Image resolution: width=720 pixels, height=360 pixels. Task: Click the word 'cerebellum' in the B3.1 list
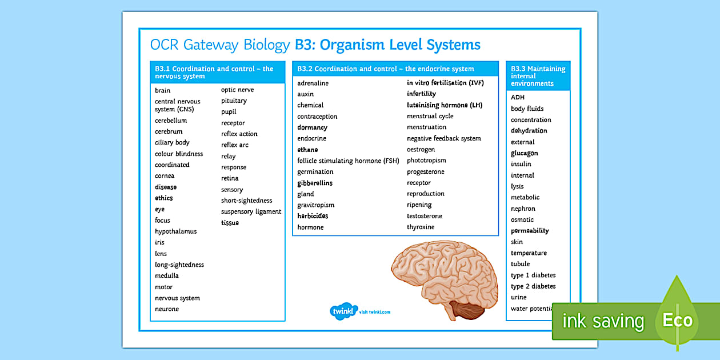171,121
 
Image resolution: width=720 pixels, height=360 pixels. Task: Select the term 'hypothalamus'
175,231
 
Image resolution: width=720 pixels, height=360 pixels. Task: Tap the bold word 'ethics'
163,198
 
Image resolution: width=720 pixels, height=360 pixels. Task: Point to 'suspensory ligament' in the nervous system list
251,211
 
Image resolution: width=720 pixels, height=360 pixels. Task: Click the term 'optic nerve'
237,90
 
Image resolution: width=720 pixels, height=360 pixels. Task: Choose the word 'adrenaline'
313,83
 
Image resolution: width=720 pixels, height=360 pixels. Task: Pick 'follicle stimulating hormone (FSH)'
348,161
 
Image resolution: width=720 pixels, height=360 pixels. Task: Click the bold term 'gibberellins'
314,183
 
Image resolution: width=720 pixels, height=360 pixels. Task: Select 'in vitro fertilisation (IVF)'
445,83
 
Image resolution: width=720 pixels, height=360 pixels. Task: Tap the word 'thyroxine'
421,227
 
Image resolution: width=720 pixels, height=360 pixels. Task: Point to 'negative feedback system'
443,138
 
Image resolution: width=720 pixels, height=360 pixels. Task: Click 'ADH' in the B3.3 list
517,97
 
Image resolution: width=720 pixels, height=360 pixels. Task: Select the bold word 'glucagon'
524,153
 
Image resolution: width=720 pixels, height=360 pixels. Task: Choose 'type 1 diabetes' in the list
533,275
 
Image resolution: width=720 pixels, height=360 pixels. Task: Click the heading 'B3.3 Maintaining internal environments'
537,76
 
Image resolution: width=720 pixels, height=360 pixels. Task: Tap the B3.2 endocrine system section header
385,69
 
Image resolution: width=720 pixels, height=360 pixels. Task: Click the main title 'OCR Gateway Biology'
220,45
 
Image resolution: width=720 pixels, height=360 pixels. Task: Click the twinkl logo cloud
343,311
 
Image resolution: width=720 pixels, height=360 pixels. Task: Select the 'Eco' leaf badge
677,320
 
